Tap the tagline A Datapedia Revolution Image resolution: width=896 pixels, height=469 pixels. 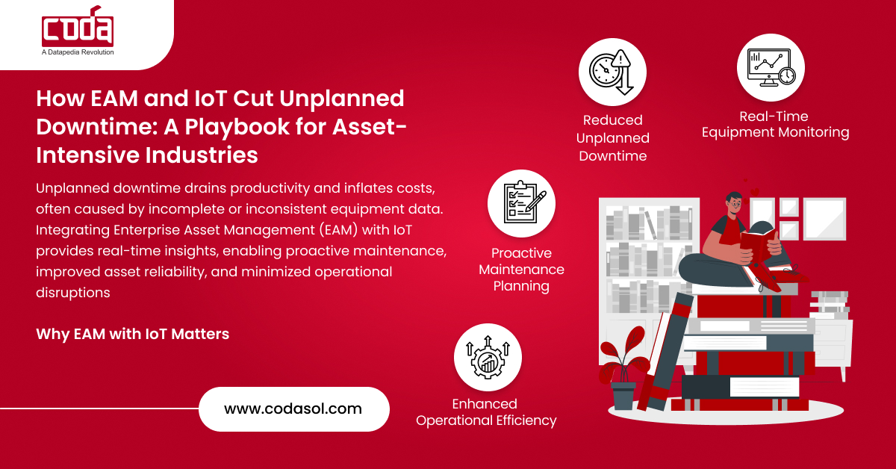point(78,52)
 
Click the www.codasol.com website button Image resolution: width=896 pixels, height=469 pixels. point(293,409)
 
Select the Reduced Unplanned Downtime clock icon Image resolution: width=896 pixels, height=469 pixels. point(612,72)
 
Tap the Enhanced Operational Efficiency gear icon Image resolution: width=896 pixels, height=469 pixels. point(487,357)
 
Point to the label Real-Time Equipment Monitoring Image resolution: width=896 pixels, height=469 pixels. point(775,125)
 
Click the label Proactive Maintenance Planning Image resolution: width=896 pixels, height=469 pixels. point(521,269)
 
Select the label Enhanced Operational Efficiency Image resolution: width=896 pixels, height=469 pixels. point(486,412)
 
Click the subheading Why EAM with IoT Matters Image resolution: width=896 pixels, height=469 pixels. point(132,334)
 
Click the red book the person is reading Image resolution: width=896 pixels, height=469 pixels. point(756,246)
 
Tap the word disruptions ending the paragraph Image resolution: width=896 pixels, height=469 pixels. point(73,292)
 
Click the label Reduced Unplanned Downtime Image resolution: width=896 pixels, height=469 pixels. point(612,137)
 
